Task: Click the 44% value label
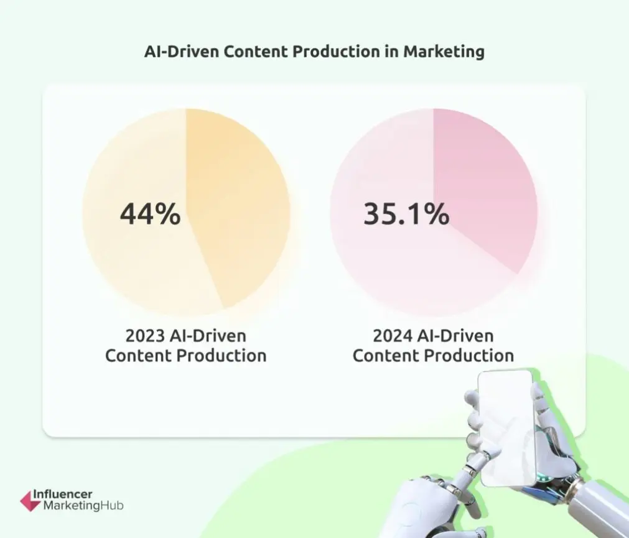150,215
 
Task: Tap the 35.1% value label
406,215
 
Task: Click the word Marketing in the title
444,52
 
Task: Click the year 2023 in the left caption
144,336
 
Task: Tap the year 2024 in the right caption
392,336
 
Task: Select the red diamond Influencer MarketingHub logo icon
30,499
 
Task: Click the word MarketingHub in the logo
83,506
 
